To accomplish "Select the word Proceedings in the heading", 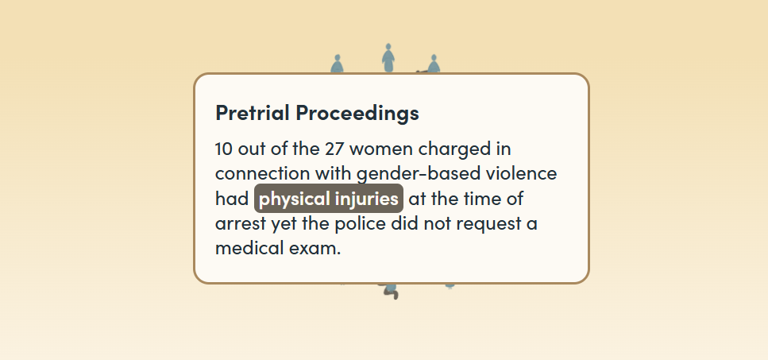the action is coord(357,114).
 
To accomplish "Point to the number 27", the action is coord(334,149).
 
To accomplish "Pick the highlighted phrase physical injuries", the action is coord(329,199).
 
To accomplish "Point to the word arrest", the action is coord(241,224).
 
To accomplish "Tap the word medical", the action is coord(247,248).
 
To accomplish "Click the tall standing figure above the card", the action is coord(388,58).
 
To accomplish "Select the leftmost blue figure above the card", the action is coord(337,64).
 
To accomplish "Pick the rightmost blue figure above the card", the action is coord(434,64).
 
